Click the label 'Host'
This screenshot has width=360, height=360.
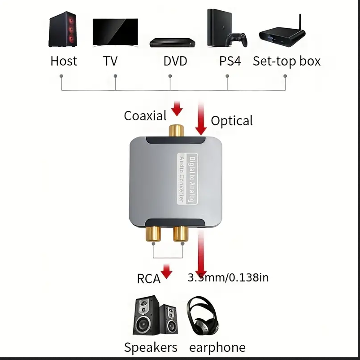pyautogui.click(x=64, y=61)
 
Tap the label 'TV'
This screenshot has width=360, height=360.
pyautogui.click(x=110, y=61)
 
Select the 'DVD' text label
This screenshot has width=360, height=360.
pyautogui.click(x=175, y=61)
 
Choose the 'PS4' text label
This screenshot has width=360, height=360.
pyautogui.click(x=230, y=61)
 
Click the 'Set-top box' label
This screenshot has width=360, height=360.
pyautogui.click(x=286, y=61)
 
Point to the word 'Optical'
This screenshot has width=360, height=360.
pyautogui.click(x=232, y=120)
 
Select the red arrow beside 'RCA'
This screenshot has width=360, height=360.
pyautogui.click(x=167, y=271)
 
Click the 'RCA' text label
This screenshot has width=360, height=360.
pyautogui.click(x=148, y=279)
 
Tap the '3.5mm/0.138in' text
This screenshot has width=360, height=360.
pyautogui.click(x=229, y=277)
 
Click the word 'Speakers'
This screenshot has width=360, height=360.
pyautogui.click(x=151, y=347)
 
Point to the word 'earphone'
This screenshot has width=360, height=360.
pyautogui.click(x=217, y=347)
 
